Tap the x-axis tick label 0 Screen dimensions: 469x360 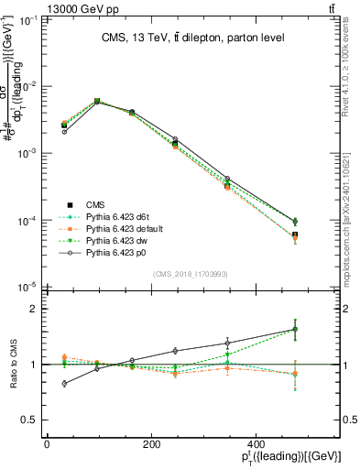click(47, 446)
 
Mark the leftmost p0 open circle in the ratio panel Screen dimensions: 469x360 click(64, 384)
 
